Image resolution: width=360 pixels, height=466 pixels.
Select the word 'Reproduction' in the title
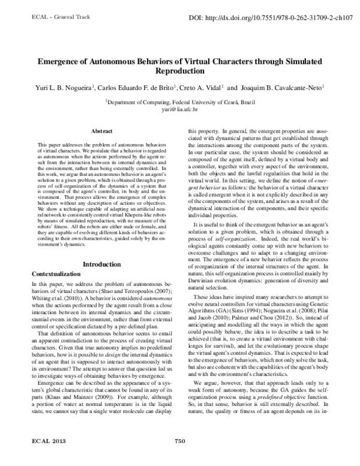pos(179,71)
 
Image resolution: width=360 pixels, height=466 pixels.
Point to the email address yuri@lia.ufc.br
pos(179,110)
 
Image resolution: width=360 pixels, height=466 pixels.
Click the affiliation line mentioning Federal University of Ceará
pos(179,103)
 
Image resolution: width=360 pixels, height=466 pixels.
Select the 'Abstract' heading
pos(101,130)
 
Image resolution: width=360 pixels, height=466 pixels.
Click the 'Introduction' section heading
pos(101,264)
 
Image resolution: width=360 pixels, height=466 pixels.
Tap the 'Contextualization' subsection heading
pos(59,274)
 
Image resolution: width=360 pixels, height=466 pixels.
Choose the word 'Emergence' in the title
pos(62,62)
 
